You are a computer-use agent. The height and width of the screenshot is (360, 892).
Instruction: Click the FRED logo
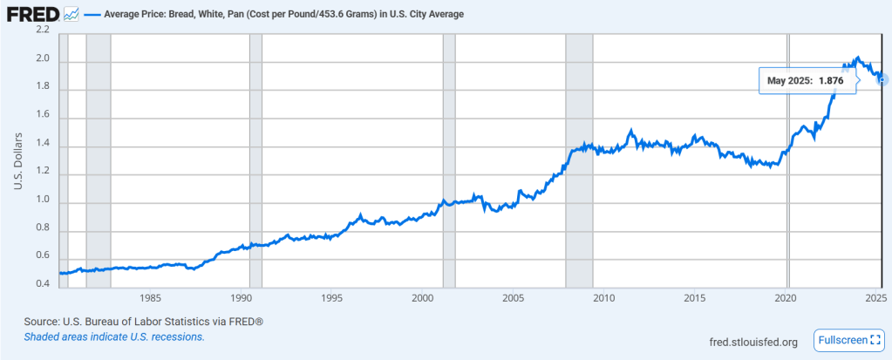tap(33, 15)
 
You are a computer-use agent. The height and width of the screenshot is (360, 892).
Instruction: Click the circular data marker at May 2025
tap(882, 80)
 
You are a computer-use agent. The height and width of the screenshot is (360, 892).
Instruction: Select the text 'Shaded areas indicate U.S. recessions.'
tap(114, 336)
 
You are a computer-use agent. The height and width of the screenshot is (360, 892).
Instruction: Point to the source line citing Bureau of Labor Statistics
tap(144, 322)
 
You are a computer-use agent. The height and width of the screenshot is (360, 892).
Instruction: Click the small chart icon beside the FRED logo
tap(71, 15)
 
